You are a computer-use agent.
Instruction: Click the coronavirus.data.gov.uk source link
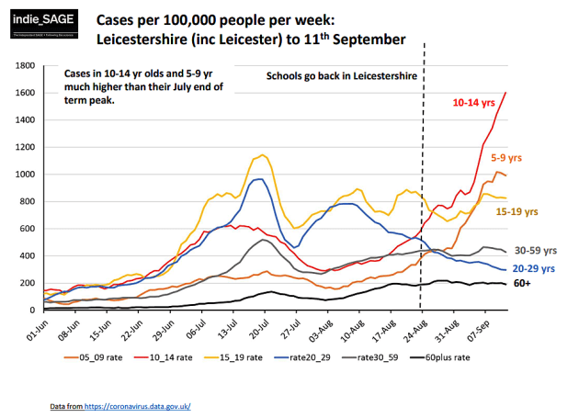[x=146, y=405]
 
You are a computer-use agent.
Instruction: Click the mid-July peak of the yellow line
[x=263, y=154]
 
